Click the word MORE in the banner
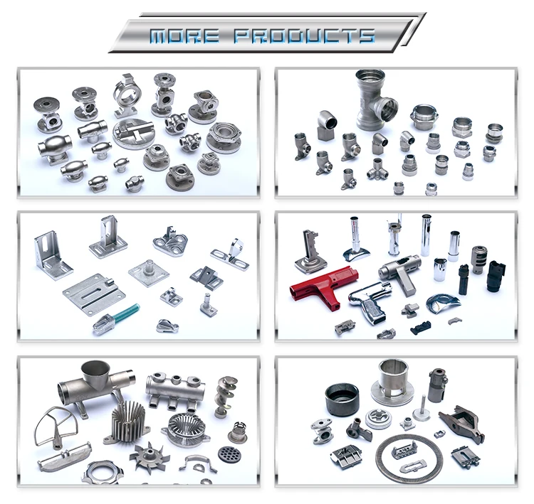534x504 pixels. pyautogui.click(x=184, y=36)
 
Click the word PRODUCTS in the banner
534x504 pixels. pyautogui.click(x=304, y=36)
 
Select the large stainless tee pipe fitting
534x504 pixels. pyautogui.click(x=375, y=100)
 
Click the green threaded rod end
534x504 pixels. pyautogui.click(x=125, y=313)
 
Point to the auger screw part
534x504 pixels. pyautogui.click(x=226, y=397)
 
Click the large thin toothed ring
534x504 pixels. pyautogui.click(x=409, y=458)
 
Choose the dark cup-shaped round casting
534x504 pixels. pyautogui.click(x=342, y=400)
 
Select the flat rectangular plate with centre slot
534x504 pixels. pyautogui.click(x=94, y=294)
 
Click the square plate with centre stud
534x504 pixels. pyautogui.click(x=149, y=272)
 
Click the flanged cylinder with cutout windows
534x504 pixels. pyautogui.click(x=392, y=382)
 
